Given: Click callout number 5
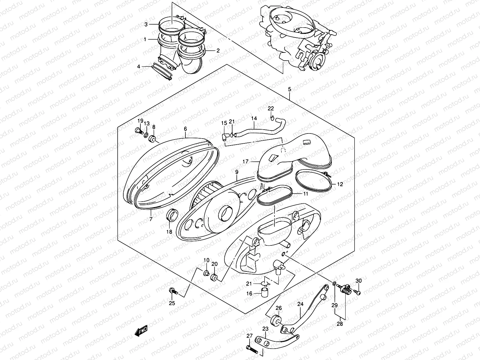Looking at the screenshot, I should click(x=289, y=89).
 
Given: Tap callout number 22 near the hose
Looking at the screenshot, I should click(x=271, y=108).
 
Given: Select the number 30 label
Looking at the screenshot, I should click(x=359, y=281).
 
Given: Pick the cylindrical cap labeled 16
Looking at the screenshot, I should click(x=264, y=292).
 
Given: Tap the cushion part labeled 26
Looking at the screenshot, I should click(x=276, y=320).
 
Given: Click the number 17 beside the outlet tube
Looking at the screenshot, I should click(x=246, y=161).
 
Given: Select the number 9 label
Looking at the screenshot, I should click(x=236, y=172).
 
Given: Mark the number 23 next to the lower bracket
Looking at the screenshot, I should click(x=265, y=329).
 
